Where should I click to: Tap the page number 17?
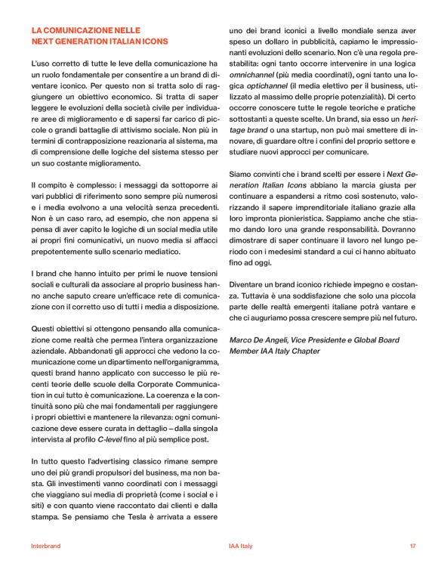(x=413, y=545)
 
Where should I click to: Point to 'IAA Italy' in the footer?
(x=241, y=545)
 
